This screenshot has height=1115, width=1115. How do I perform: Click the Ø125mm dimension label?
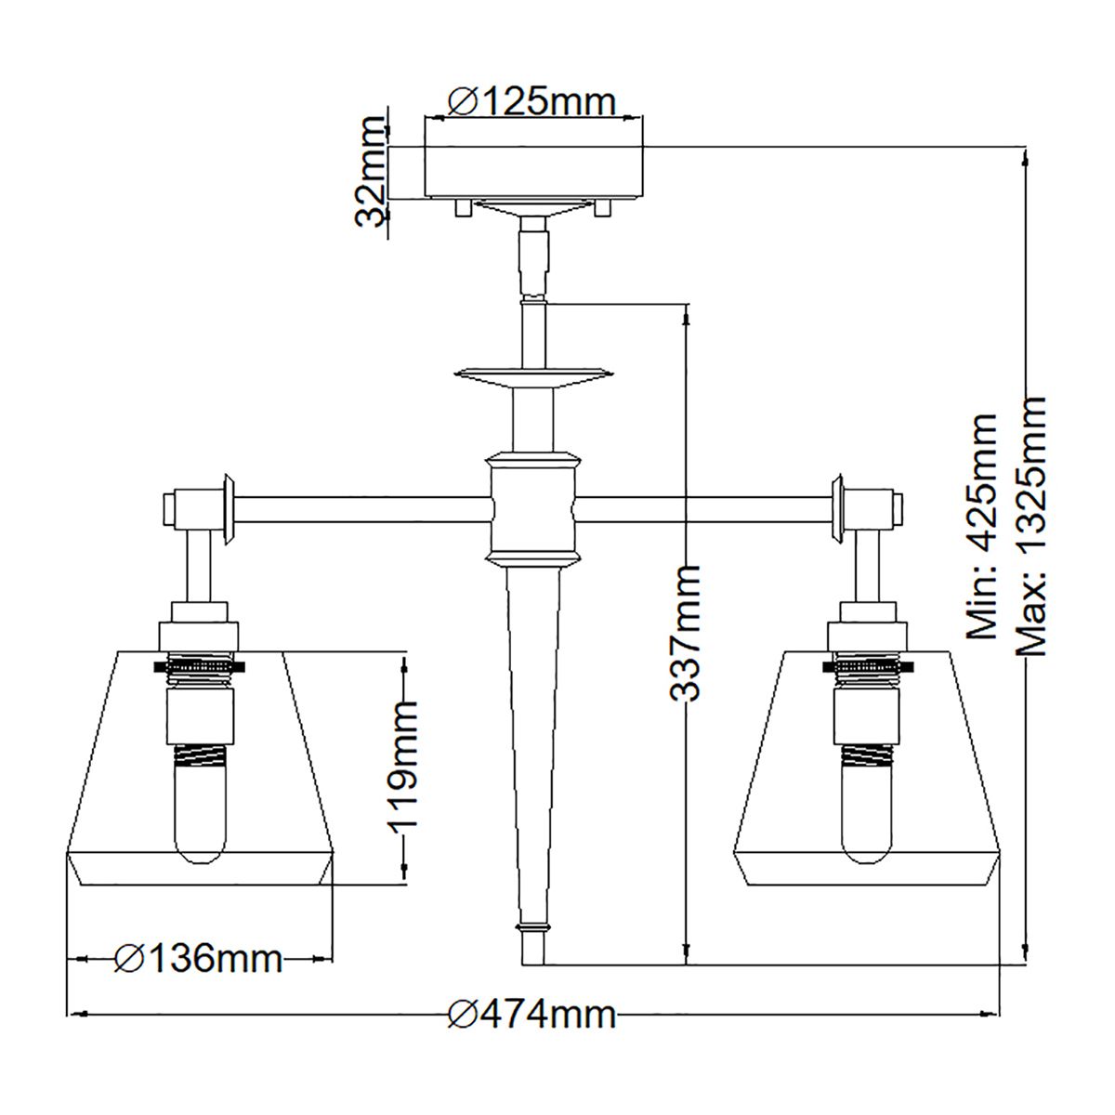532,100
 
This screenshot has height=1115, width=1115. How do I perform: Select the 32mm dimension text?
373,172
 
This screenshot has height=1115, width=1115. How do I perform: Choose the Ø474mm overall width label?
532,1015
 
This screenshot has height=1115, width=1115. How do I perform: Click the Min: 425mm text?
981,526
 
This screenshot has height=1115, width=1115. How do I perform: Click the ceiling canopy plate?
533,173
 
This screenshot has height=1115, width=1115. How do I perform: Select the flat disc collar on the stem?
533,374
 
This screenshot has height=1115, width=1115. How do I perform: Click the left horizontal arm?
362,508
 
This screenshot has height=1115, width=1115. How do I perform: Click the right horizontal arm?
706,508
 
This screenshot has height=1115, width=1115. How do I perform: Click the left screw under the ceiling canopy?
461,210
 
